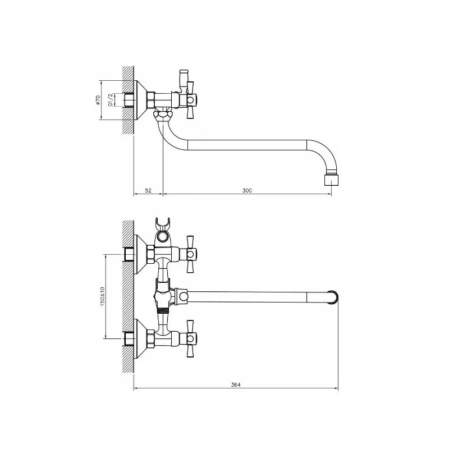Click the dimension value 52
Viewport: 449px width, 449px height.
point(148,190)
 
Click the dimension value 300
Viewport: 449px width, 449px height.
point(247,190)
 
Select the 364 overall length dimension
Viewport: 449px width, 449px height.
point(236,385)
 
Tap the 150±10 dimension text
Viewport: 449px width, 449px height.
point(103,296)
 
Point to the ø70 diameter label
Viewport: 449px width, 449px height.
point(98,100)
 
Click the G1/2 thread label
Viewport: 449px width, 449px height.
point(110,100)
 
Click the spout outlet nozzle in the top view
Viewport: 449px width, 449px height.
point(332,180)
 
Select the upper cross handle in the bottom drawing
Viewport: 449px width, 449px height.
point(190,254)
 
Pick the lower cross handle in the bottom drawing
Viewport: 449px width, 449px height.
point(190,338)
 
